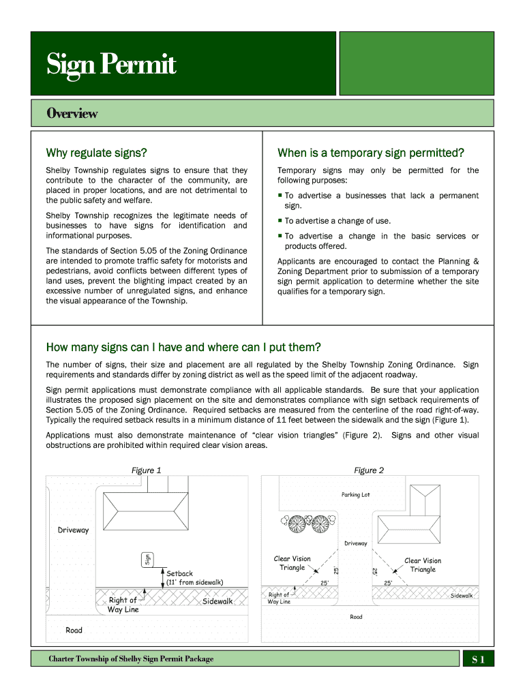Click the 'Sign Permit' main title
[x=111, y=65]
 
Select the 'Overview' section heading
[x=72, y=113]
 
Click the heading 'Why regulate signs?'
[x=96, y=152]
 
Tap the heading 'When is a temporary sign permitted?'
[x=371, y=152]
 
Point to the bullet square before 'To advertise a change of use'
[x=280, y=221]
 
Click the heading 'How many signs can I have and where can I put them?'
[x=183, y=347]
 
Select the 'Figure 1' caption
[x=146, y=470]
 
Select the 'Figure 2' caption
[x=369, y=470]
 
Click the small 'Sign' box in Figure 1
[x=146, y=559]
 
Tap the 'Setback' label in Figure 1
[x=180, y=573]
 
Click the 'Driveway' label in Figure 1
[x=73, y=530]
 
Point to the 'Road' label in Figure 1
[x=74, y=631]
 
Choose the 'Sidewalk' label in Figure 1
[x=217, y=601]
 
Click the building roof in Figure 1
[x=147, y=510]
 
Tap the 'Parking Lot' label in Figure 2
[x=355, y=495]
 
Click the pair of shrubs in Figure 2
[x=307, y=523]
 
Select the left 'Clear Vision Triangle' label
[x=292, y=563]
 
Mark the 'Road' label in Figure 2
[x=356, y=617]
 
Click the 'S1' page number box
[x=478, y=659]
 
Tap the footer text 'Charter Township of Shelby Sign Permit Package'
[x=131, y=659]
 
